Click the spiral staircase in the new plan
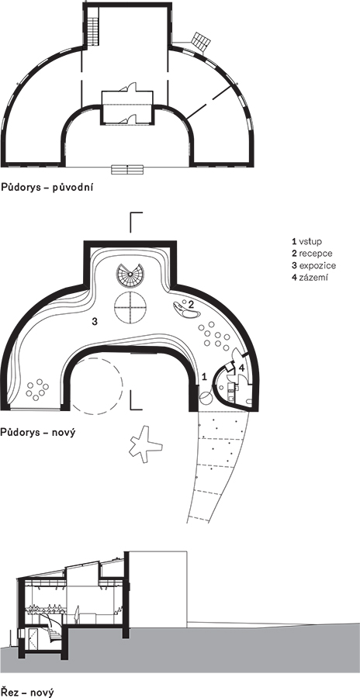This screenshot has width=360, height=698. click(x=130, y=276)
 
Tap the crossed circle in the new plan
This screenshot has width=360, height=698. click(x=130, y=308)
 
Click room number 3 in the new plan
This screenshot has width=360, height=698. click(x=95, y=321)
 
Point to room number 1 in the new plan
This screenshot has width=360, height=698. click(x=205, y=377)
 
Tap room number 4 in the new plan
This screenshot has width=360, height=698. click(x=241, y=368)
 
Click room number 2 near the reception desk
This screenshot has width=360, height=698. click(x=190, y=305)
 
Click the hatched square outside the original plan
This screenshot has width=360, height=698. click(x=201, y=41)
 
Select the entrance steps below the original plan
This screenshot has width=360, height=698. click(x=127, y=169)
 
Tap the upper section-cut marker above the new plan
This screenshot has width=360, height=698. click(x=136, y=222)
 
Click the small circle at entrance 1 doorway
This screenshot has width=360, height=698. click(x=206, y=399)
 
